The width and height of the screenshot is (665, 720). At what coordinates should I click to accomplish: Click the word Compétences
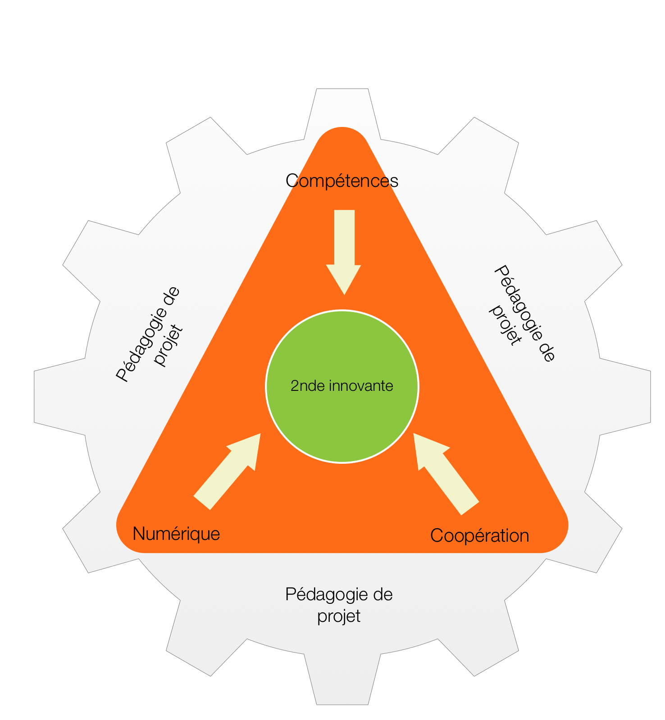[x=342, y=181]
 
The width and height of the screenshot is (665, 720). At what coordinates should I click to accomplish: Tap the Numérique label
[x=176, y=534]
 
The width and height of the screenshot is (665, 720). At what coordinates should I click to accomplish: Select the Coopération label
[x=479, y=536]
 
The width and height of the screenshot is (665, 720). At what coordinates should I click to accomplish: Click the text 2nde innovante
[x=342, y=386]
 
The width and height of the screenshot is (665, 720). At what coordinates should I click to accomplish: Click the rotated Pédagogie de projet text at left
[x=150, y=334]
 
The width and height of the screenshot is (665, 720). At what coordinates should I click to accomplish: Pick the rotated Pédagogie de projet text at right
[x=523, y=313]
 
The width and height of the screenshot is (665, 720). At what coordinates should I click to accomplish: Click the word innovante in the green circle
[x=361, y=386]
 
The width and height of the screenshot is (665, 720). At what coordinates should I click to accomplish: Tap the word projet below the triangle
[x=339, y=616]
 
